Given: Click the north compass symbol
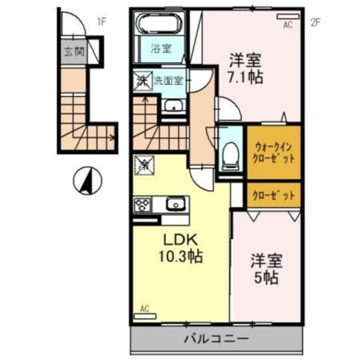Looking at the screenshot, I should (88, 180).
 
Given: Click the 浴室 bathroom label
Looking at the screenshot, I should (166, 49).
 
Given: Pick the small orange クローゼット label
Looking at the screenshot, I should (274, 196).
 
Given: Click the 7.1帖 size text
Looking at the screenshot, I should (246, 77).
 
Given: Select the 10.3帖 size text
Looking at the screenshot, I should (180, 256).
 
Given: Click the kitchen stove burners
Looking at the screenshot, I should (143, 205).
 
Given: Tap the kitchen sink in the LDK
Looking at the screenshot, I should (175, 204).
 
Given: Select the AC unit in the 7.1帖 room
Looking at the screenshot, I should (288, 17).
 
